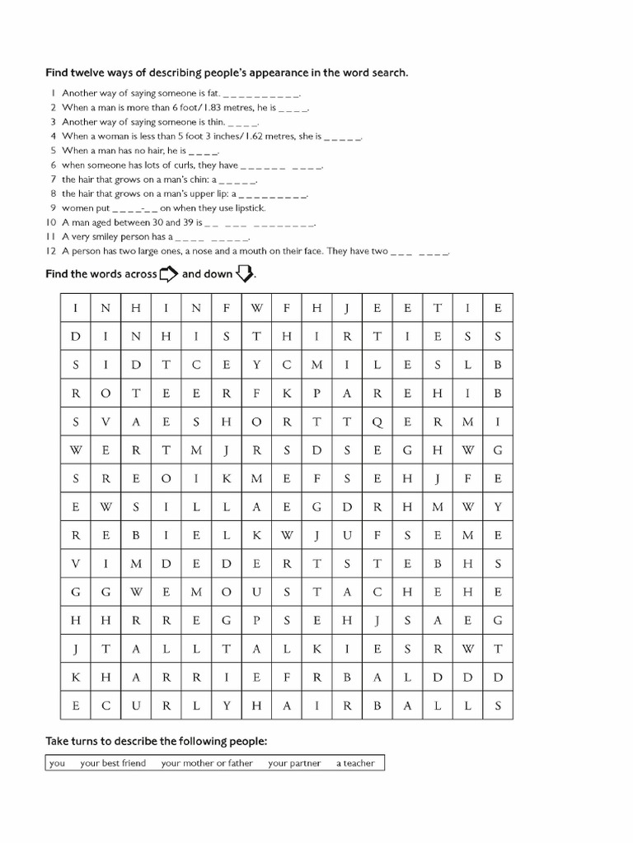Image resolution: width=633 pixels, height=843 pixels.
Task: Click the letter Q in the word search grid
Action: (377, 421)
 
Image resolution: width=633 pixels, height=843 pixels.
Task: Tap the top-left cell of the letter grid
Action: (75, 308)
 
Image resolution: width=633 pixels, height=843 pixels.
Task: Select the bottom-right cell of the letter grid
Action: (498, 706)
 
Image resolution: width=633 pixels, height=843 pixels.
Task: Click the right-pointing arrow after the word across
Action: (168, 274)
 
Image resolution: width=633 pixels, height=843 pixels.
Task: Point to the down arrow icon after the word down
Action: (245, 274)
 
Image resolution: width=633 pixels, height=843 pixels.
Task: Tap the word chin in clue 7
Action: (194, 179)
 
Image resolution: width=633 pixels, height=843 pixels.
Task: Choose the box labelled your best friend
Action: (113, 763)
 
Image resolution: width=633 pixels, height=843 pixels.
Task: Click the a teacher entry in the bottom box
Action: (355, 763)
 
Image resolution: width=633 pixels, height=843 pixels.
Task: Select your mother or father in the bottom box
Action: (207, 763)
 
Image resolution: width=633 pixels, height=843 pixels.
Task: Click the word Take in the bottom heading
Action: (57, 742)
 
